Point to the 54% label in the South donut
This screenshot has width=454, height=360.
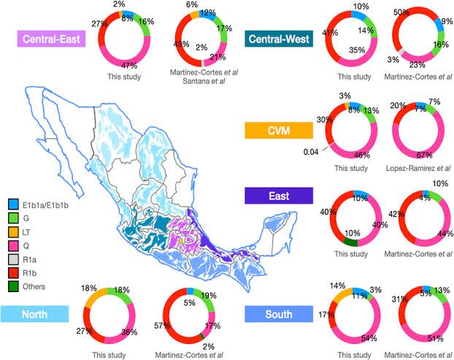pyautogui.click(x=358, y=339)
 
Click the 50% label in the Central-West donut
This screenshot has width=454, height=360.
pyautogui.click(x=400, y=13)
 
